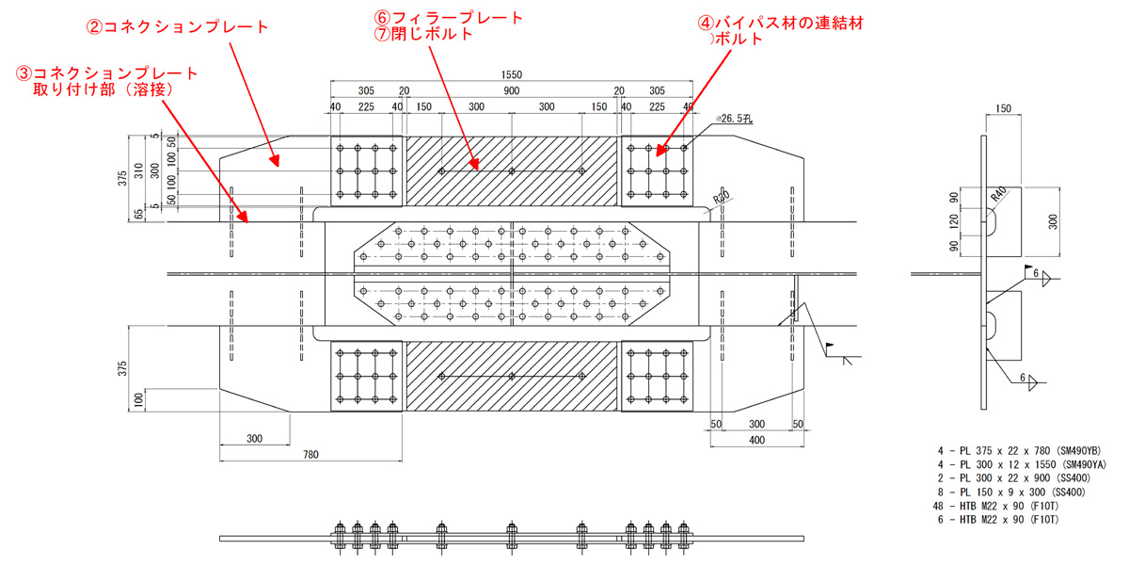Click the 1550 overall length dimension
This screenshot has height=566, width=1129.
512,74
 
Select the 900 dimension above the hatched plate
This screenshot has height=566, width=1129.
512,90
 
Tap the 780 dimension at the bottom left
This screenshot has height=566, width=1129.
310,455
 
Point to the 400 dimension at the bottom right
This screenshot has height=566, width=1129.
756,440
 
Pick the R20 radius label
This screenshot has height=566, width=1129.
722,200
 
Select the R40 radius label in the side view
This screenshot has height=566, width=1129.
998,194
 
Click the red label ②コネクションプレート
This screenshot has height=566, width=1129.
178,27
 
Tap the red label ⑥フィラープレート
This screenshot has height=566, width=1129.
448,18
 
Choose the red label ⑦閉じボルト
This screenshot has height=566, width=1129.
422,35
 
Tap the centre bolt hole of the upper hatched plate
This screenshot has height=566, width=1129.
512,171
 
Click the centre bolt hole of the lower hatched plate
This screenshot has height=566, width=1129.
512,376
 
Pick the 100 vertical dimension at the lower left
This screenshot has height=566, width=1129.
138,400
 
